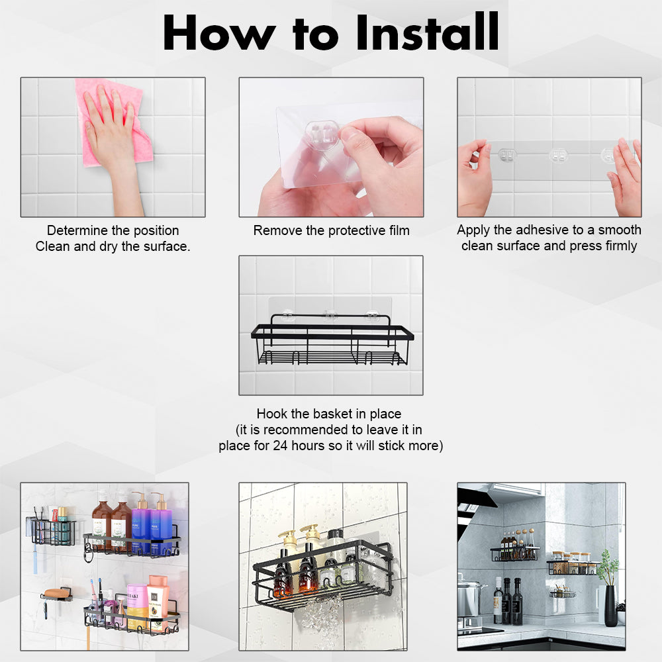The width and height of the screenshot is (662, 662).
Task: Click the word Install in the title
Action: tap(427, 32)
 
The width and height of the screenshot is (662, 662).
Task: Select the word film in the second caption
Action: tap(396, 230)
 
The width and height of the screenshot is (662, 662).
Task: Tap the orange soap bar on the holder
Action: tap(56, 591)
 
